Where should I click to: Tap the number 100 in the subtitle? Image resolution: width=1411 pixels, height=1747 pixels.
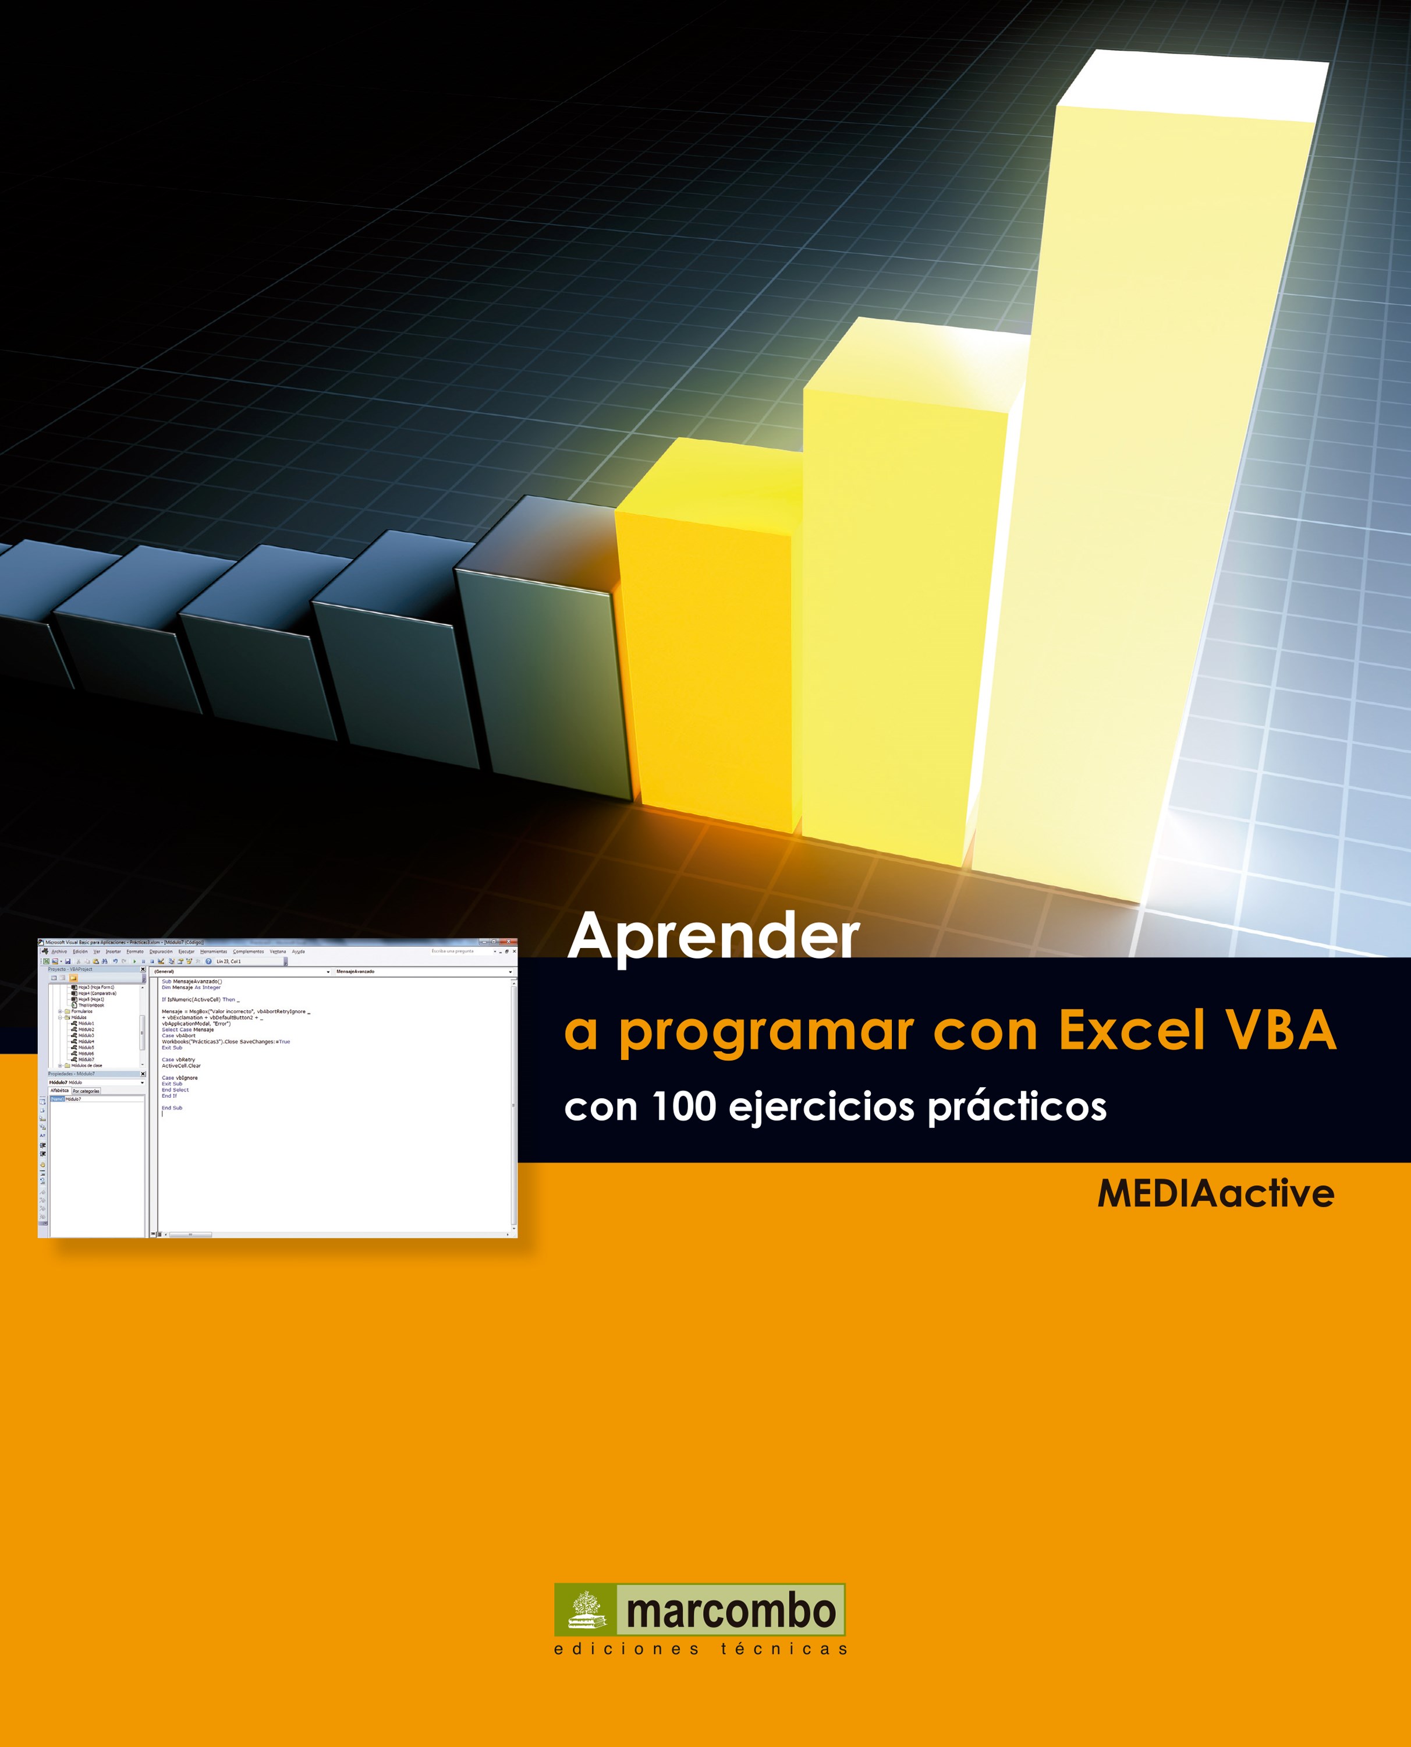tap(683, 1106)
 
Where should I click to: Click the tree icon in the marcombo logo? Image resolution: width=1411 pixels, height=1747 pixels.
tap(586, 1610)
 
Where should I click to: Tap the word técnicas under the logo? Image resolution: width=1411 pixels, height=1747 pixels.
tap(784, 1649)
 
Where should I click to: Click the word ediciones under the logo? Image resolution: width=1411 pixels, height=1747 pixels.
tap(626, 1649)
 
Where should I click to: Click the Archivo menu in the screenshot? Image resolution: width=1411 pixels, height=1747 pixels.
tap(59, 951)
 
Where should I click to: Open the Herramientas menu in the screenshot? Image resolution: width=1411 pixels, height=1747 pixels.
tap(214, 951)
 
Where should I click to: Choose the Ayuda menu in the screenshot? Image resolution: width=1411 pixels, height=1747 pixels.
tap(298, 951)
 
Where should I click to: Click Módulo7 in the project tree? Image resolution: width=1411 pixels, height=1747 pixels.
tap(86, 1059)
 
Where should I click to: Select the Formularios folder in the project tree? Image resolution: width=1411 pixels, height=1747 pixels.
tap(81, 1012)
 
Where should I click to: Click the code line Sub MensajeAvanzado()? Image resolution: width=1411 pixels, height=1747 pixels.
tap(192, 981)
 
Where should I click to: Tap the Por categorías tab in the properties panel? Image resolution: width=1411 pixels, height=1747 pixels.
tap(86, 1091)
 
